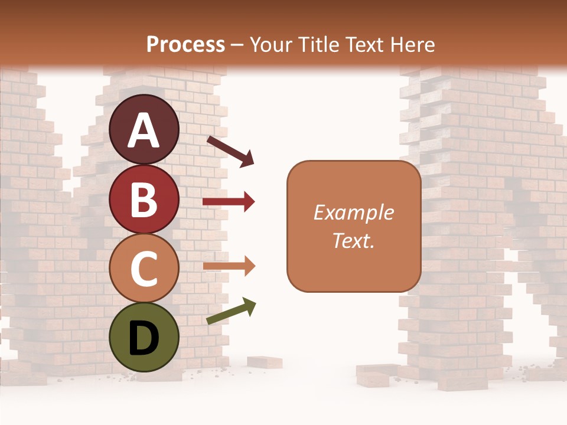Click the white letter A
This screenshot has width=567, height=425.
[x=144, y=130]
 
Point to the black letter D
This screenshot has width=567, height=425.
[x=144, y=339]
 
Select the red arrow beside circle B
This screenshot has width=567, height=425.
[x=229, y=202]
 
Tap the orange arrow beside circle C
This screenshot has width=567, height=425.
[x=229, y=266]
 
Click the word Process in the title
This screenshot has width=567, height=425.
[x=185, y=45]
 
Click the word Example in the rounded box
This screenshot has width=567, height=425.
[x=353, y=212]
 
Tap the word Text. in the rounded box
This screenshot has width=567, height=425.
[x=353, y=241]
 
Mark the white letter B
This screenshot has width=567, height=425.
[x=144, y=200]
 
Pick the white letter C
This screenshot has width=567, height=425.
[x=144, y=269]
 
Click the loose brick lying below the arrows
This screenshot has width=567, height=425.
[x=264, y=362]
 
